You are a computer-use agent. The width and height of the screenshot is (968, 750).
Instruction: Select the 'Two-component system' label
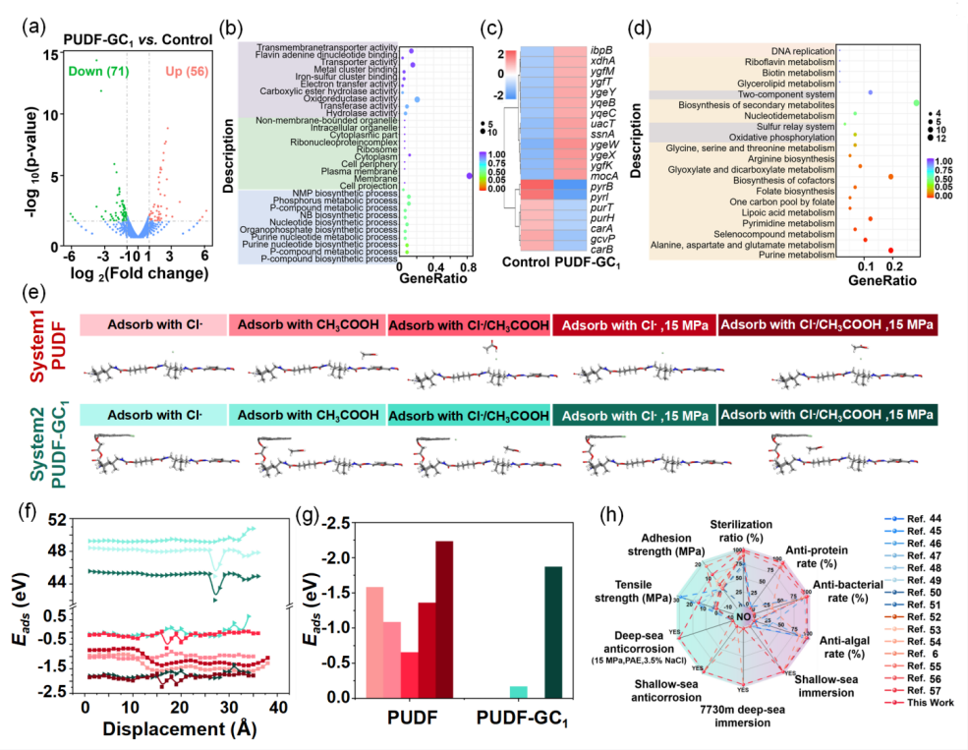click(780, 93)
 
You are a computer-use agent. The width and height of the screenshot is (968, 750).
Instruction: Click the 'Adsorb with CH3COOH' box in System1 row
click(307, 324)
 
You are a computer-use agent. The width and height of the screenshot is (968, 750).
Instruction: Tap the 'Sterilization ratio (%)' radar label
click(742, 531)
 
